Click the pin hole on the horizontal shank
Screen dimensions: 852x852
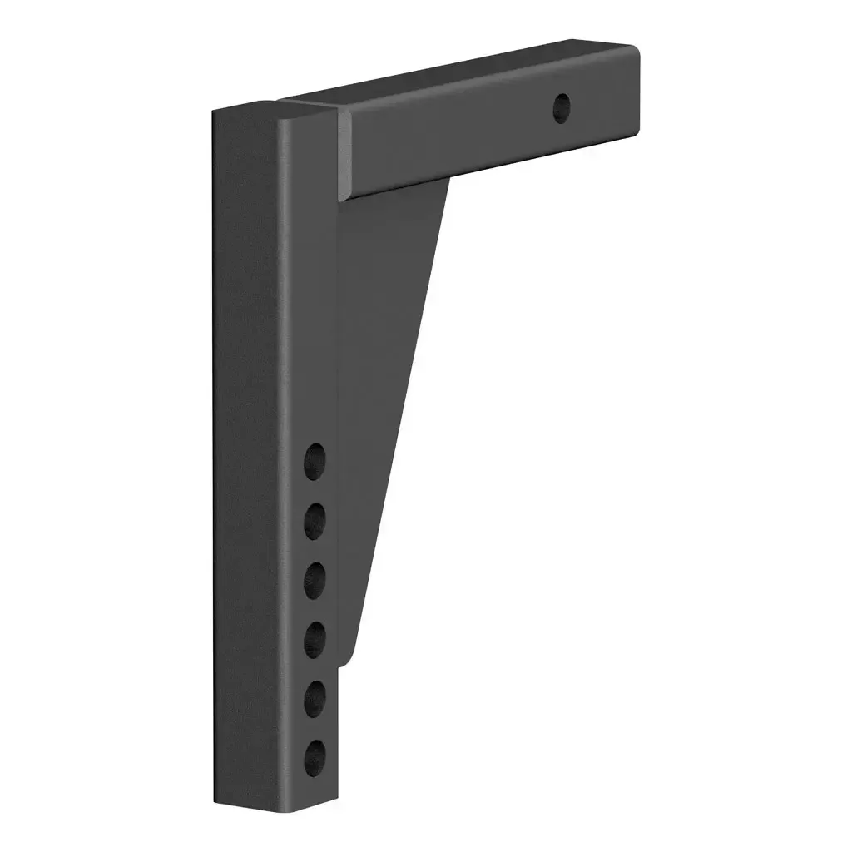563,108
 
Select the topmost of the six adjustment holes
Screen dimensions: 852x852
315,460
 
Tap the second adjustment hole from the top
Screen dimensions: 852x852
315,520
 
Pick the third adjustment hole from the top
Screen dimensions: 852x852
315,580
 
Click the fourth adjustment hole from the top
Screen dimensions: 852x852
315,639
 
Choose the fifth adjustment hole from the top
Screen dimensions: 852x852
315,697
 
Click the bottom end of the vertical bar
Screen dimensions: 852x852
275,803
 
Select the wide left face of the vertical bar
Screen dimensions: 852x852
245,458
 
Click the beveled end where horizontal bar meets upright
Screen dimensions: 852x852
343,154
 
